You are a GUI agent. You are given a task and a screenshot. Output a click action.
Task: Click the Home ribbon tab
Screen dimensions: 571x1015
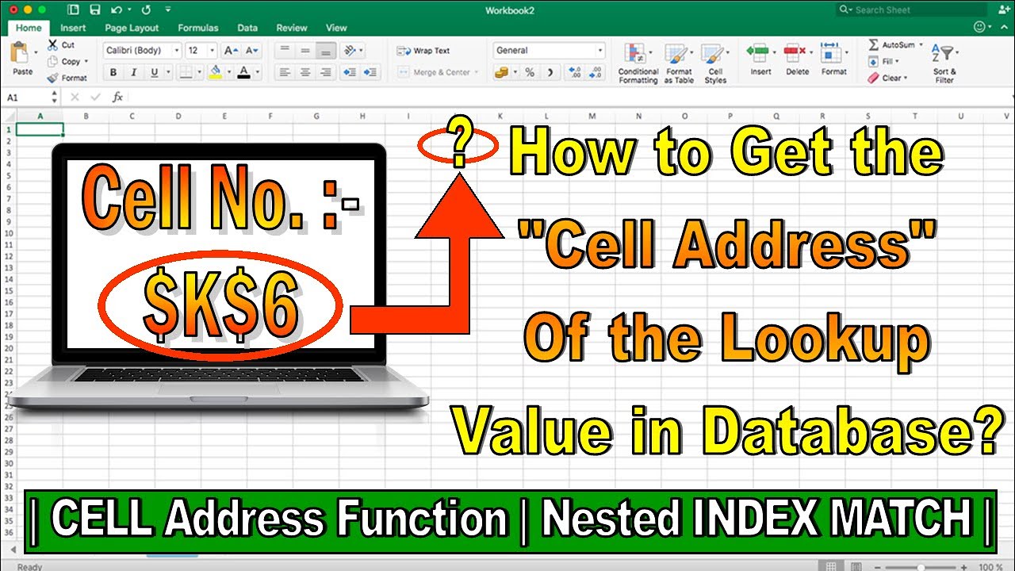point(29,28)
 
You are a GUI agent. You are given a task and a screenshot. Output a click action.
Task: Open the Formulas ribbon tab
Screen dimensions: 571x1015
point(197,28)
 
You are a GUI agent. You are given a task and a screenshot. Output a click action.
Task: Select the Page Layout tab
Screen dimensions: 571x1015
point(132,28)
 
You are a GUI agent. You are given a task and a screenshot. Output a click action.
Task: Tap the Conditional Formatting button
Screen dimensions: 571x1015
point(638,63)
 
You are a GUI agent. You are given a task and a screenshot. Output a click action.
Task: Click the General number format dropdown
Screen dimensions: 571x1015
point(548,51)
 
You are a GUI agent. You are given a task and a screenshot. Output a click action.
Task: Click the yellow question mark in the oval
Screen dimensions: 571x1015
point(459,144)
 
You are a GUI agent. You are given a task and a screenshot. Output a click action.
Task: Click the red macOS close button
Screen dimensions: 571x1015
point(12,10)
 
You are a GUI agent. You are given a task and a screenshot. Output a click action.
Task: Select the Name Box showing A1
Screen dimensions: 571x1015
point(30,97)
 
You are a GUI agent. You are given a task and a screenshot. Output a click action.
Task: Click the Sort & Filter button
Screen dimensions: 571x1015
point(944,63)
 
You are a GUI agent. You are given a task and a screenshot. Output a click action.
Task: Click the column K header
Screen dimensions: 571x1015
point(500,116)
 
